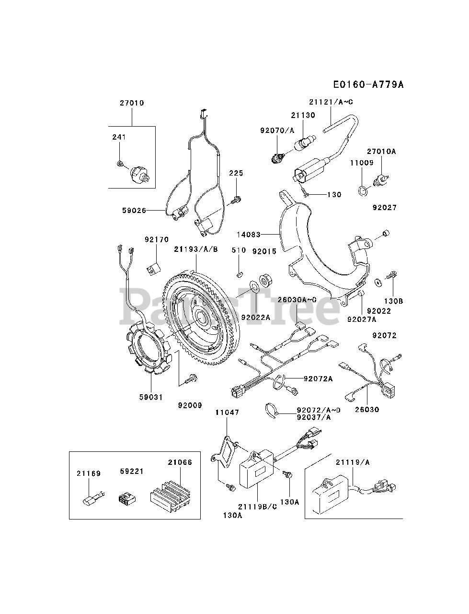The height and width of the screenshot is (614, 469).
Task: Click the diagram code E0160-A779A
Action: [368, 84]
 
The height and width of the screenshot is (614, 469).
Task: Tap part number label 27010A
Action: [381, 151]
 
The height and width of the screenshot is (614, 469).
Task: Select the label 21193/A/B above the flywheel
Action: [196, 249]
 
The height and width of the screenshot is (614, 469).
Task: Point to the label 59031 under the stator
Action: [151, 397]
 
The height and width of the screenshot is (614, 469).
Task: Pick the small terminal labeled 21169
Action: [93, 499]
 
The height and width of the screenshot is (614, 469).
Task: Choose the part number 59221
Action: [132, 472]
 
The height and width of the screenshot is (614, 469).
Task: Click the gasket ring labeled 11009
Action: [363, 191]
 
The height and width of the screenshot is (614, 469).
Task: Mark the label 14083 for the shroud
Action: [248, 235]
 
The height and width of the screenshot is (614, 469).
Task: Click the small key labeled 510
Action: [239, 274]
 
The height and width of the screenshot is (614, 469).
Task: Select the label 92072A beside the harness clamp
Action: [318, 379]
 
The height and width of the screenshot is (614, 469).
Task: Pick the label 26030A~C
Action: [297, 300]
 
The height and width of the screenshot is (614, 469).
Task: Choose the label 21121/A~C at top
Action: [331, 102]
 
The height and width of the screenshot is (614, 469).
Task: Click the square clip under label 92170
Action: [154, 269]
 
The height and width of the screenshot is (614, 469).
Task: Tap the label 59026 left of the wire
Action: [134, 211]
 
